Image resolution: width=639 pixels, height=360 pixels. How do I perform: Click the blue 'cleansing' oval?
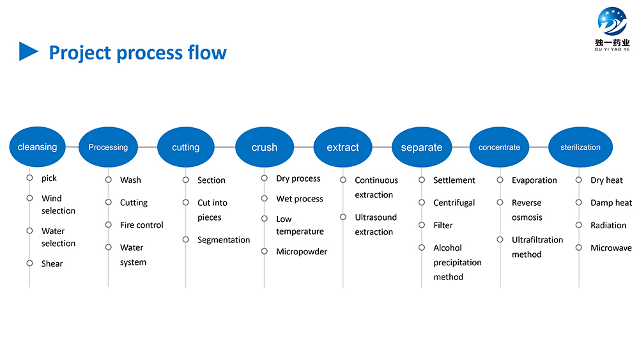pos(38,147)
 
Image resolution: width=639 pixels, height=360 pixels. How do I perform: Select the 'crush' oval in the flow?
pos(265,147)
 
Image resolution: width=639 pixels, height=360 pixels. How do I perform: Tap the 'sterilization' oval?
pos(580,147)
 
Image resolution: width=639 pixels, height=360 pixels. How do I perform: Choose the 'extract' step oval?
pos(343,147)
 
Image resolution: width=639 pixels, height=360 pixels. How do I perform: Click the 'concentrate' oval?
pos(499,147)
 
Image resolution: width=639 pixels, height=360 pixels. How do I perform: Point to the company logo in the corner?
pos(612,29)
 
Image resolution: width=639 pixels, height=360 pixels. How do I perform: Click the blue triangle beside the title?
pos(29,51)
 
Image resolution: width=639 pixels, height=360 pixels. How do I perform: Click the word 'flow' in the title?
pos(207,52)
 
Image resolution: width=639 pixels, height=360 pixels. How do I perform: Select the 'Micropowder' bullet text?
pos(302,251)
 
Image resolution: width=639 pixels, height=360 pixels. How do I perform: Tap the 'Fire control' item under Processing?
pos(141,225)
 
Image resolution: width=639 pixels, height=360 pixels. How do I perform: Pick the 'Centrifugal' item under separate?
pos(454,203)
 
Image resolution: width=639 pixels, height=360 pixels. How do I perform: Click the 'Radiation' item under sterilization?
pos(608,225)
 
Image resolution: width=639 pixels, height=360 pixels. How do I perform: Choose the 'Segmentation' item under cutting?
pos(224,240)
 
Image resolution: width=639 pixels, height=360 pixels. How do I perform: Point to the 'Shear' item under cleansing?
pos(52,264)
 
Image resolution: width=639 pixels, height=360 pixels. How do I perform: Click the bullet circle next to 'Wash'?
pos(109,180)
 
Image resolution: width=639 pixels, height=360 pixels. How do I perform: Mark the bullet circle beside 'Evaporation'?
pos(500,180)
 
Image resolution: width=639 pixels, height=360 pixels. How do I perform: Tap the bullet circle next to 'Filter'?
pos(422,225)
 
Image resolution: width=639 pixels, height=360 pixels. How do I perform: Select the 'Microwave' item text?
pos(611,248)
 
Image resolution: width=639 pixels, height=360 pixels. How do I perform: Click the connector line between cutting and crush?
pos(225,147)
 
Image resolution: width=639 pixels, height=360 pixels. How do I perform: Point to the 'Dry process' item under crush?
pos(298,178)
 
